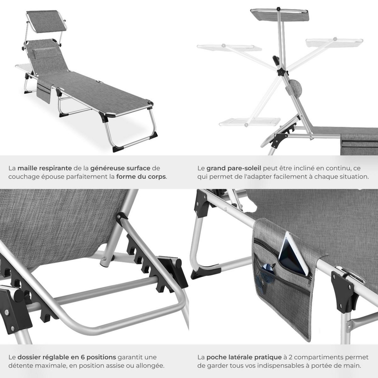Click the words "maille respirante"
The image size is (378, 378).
tap(44, 168)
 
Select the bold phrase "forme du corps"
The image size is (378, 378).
tap(141, 177)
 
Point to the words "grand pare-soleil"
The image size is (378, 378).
tap(234, 168)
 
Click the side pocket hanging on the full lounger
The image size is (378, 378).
tap(44, 90)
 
